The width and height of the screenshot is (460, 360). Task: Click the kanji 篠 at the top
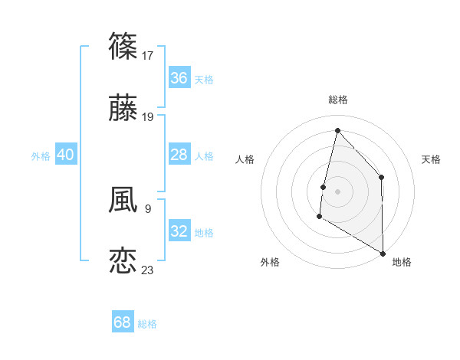123,46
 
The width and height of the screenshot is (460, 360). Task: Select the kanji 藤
123,108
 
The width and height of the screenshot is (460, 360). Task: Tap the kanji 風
123,200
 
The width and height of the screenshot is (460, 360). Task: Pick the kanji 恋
123,260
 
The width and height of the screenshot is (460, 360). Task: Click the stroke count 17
149,55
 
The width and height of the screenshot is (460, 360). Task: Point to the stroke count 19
149,117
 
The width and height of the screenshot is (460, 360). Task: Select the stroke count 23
149,270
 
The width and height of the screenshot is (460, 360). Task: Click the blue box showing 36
179,78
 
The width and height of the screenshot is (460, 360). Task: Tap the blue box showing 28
179,155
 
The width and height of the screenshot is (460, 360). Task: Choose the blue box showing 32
179,231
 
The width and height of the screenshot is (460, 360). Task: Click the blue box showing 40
66,155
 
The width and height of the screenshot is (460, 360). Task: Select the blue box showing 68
123,322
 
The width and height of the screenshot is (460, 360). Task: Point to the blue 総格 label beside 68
147,324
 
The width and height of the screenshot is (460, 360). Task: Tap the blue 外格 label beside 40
41,156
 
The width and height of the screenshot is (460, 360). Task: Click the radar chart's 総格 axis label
337,100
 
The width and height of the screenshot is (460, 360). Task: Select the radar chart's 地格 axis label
402,262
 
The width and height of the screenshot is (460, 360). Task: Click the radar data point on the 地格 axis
383,254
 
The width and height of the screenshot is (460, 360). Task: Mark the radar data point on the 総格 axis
337,130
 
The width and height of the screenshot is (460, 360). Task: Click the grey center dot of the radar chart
337,191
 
